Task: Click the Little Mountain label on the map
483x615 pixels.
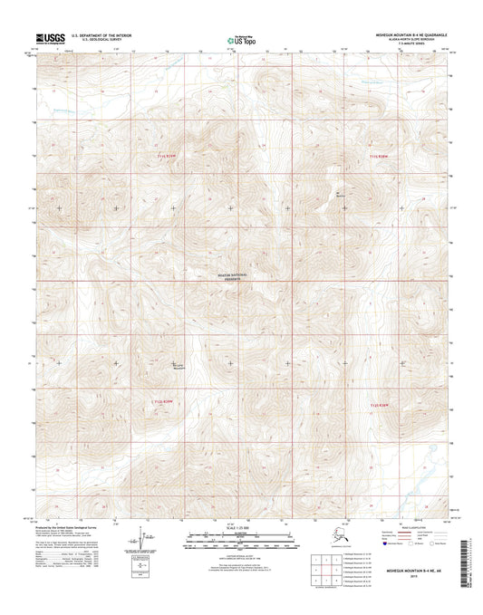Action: [179, 368]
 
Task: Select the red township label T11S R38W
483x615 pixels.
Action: [384, 158]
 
